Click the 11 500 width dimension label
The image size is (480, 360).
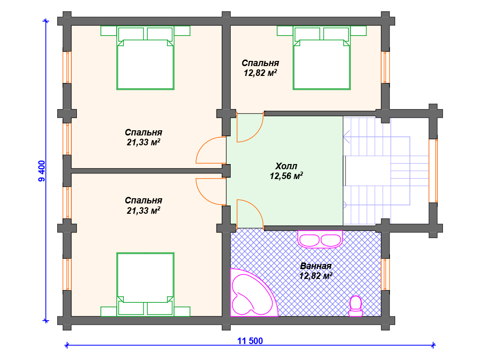(250, 341)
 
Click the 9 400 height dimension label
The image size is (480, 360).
(42, 171)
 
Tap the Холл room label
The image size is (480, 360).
(286, 166)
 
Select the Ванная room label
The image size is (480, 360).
(315, 266)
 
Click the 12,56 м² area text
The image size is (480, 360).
(286, 176)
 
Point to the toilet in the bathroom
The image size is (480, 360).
(355, 306)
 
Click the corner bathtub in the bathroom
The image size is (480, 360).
(254, 292)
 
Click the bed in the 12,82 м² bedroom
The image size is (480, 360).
(322, 58)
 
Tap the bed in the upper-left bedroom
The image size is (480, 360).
(145, 58)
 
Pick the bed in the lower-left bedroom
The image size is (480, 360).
(145, 285)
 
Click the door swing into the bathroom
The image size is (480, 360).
(250, 214)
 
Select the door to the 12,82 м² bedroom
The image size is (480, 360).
(250, 127)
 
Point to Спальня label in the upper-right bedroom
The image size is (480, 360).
(260, 63)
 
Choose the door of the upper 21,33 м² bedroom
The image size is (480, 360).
(211, 150)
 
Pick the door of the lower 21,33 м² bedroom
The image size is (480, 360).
(211, 192)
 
